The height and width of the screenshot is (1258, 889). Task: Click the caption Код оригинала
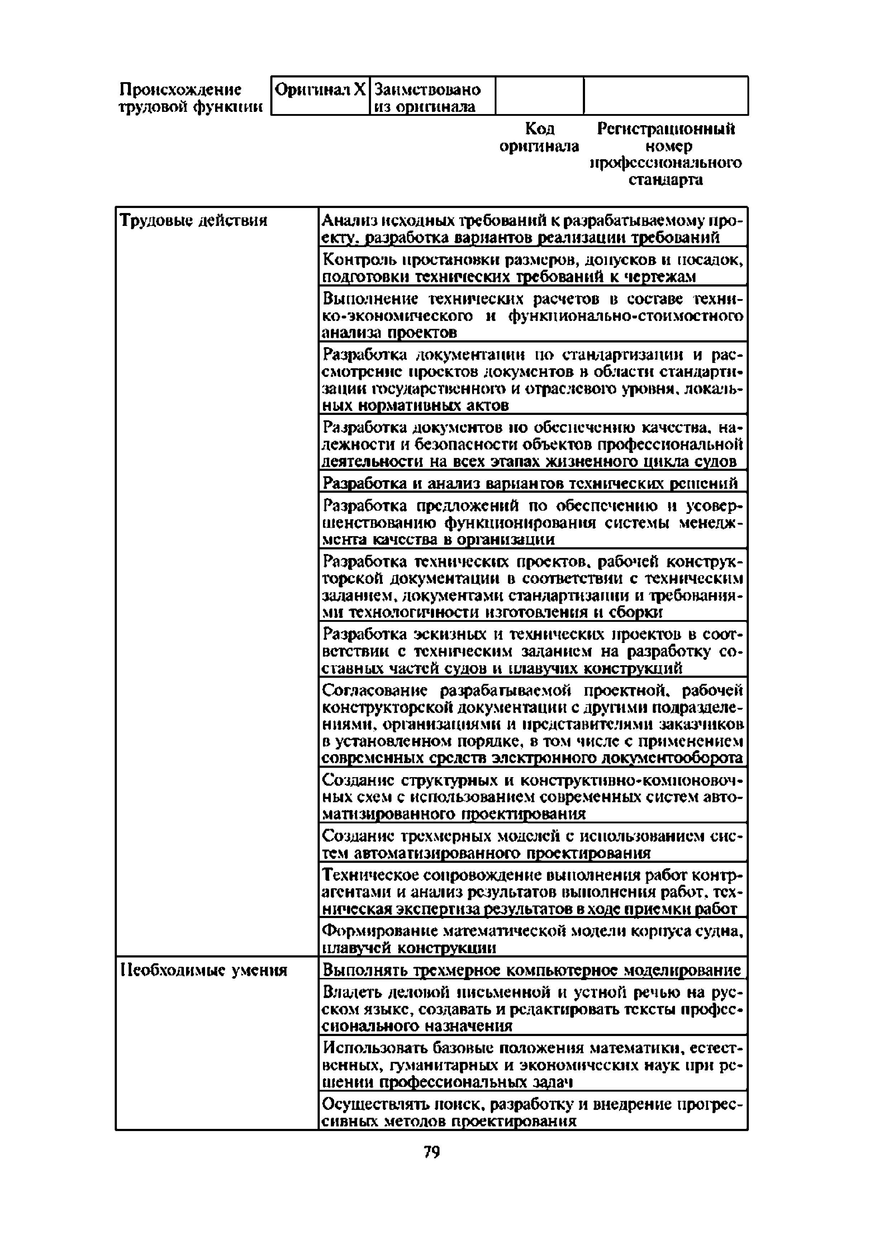(539, 137)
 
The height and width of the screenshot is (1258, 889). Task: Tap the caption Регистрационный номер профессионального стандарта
(666, 154)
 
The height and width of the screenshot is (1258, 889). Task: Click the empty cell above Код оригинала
(539, 96)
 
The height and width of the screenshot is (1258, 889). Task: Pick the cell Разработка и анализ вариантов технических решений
(531, 483)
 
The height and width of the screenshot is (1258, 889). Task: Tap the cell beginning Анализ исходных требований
(531, 228)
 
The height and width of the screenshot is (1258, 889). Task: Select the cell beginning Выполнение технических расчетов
(531, 316)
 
